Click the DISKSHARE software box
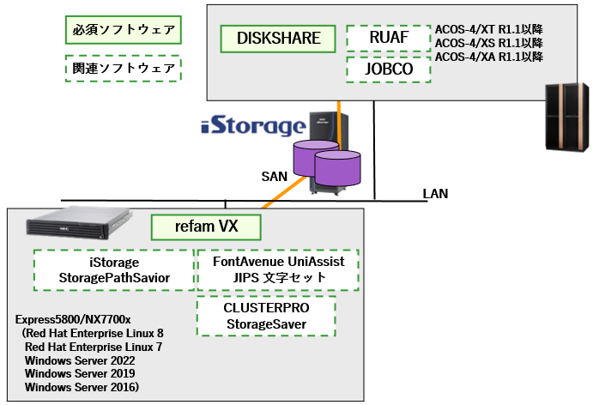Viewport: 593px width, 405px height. [278, 39]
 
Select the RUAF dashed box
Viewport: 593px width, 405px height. [388, 39]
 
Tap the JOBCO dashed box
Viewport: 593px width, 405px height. [388, 69]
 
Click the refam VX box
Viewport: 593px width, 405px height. [206, 227]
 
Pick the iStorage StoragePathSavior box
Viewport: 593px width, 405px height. [114, 269]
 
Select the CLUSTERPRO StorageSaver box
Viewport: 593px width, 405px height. [266, 315]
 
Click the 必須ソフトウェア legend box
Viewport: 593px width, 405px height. [122, 31]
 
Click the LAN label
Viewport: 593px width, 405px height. [435, 194]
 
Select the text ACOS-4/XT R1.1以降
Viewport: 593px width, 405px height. [488, 29]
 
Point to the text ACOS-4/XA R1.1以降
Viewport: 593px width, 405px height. [488, 57]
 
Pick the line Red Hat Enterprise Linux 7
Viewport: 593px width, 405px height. [94, 347]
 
